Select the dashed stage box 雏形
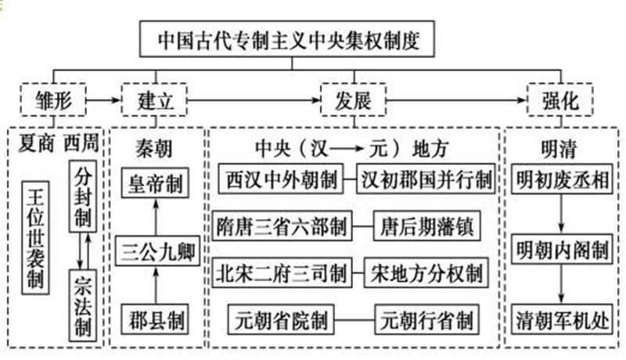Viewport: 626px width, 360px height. pyautogui.click(x=52, y=101)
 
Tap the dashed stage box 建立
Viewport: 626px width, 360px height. pyautogui.click(x=153, y=101)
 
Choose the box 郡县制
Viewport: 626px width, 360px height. pyautogui.click(x=156, y=319)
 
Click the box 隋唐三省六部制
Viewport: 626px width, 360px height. pyautogui.click(x=282, y=226)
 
